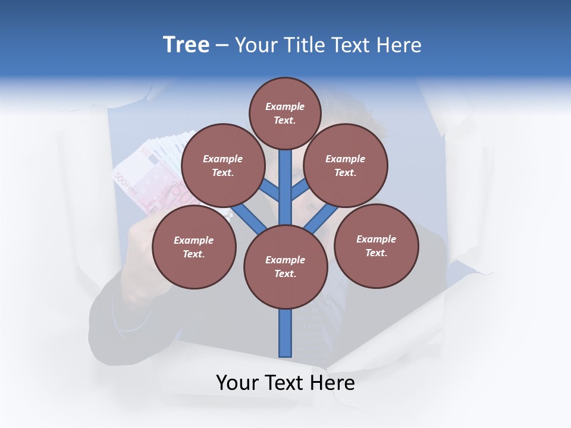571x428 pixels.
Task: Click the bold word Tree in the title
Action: pos(186,45)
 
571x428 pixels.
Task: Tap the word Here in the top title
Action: pos(400,45)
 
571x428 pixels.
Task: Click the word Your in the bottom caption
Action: pos(238,383)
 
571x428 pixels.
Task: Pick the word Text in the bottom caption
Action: pos(285,383)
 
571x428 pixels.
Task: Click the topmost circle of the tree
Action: pos(285,113)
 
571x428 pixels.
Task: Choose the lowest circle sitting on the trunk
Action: pos(285,267)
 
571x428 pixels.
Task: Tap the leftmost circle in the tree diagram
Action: pos(194,247)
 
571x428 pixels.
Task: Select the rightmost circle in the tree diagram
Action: pos(376,246)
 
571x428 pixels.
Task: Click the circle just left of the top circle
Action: pos(223,165)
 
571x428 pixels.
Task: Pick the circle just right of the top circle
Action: pos(346,165)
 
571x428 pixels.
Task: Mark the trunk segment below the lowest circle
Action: pos(285,333)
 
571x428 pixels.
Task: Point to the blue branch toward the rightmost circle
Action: pos(321,217)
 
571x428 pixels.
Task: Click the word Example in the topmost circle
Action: pos(285,106)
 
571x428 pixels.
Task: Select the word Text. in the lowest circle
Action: pos(285,274)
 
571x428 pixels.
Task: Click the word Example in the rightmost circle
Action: pos(376,239)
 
